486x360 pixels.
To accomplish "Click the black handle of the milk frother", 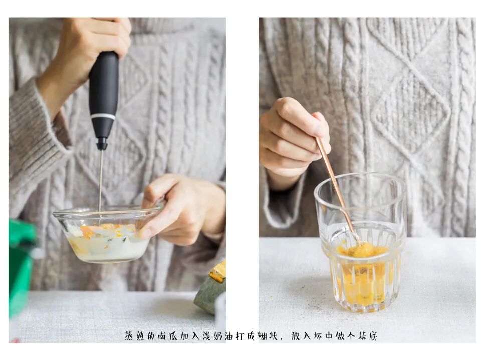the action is (x=104, y=93).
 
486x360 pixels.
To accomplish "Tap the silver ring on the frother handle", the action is (x=103, y=116).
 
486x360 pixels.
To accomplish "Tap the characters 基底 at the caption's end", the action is (x=368, y=336).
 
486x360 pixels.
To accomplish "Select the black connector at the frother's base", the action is (x=102, y=144).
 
